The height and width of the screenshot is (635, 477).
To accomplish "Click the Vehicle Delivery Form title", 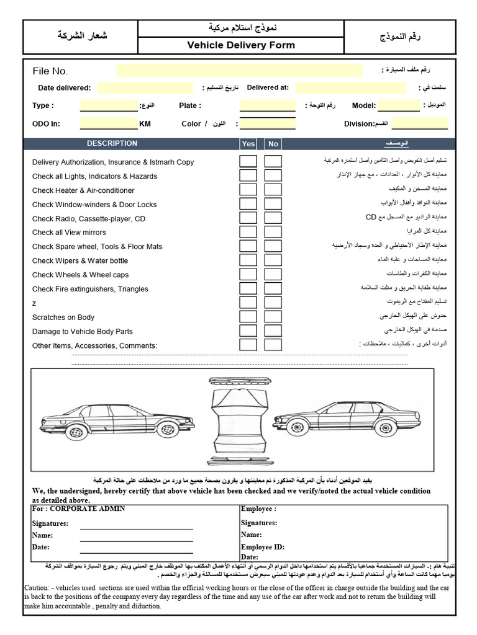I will click(x=241, y=45).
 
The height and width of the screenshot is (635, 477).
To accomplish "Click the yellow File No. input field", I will click(x=239, y=70).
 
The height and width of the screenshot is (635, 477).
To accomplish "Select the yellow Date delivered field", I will click(x=146, y=88).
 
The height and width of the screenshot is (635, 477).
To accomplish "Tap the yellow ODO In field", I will click(x=109, y=123).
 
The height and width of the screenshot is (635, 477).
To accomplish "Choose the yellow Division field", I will click(x=419, y=123).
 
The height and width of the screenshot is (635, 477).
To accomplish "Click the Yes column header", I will click(x=248, y=144).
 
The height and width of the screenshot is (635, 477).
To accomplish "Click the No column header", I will click(x=273, y=144).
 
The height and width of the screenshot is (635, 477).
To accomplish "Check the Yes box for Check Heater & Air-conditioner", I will click(x=248, y=190).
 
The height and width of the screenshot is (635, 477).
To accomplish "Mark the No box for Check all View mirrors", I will click(x=273, y=233).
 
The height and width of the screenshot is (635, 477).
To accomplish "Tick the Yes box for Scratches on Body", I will click(x=248, y=317).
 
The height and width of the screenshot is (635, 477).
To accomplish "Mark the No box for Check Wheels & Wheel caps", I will click(x=273, y=275).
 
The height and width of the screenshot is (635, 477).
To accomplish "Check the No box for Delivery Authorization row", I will click(x=273, y=162).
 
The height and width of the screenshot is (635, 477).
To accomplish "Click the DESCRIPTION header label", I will click(x=112, y=143).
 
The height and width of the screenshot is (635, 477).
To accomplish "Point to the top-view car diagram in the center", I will click(x=239, y=422).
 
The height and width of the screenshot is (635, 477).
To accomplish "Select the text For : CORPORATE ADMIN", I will click(x=78, y=509).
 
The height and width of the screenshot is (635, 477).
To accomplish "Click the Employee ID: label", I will click(x=262, y=547).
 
